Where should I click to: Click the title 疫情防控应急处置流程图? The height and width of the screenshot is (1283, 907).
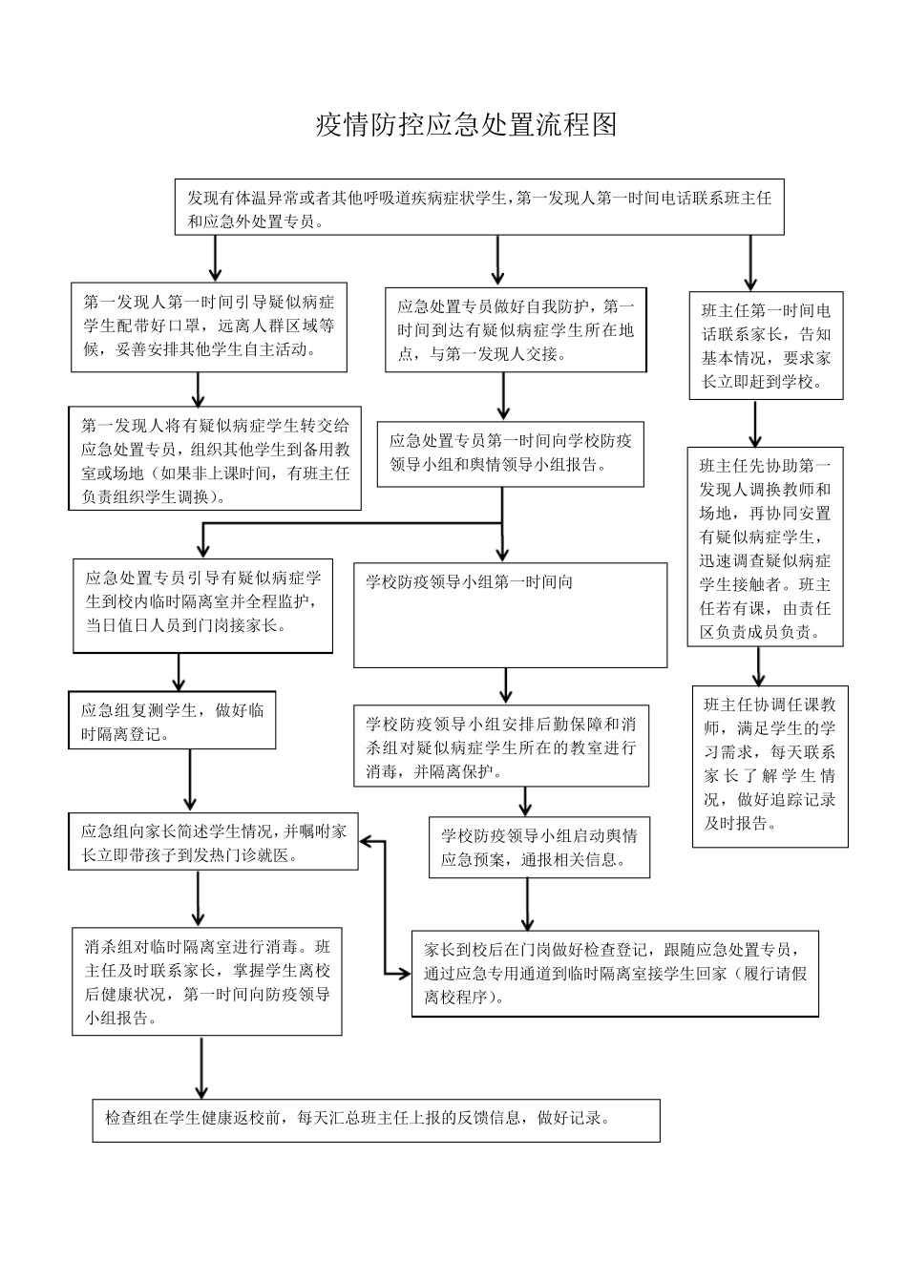[x=467, y=125]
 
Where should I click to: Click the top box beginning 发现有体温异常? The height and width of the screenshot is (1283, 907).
[x=479, y=207]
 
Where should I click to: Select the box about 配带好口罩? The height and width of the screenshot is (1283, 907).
[x=208, y=326]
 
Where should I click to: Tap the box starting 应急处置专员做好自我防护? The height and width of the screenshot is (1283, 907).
[x=516, y=329]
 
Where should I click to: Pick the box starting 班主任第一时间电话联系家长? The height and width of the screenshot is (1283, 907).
[x=767, y=346]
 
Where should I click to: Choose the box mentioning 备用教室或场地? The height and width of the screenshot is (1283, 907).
[x=215, y=459]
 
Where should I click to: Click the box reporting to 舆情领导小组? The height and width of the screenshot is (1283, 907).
[x=510, y=453]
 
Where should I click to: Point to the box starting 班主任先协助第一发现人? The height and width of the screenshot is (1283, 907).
[x=765, y=547]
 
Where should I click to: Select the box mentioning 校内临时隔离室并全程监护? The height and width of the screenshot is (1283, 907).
[x=202, y=605]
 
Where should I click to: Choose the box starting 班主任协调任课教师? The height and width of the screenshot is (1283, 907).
[x=770, y=766]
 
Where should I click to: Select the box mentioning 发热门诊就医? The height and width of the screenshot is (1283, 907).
[x=213, y=842]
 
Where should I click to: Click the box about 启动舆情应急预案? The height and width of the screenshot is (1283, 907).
[x=538, y=847]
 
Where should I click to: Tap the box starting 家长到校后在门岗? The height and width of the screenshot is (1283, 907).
[x=615, y=973]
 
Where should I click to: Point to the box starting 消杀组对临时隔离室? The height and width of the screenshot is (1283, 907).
[x=207, y=981]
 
